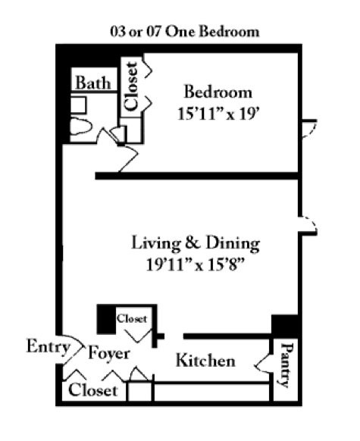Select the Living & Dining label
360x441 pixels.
point(196,243)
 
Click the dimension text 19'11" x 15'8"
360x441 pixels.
point(195,267)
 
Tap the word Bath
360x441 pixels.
point(92,82)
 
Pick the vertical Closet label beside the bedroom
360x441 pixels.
point(132,86)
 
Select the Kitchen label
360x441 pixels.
point(205,361)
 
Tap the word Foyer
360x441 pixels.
point(108,353)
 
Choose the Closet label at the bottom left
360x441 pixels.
point(93,390)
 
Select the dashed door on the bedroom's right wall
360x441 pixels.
point(309,127)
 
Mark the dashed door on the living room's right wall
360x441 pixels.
point(309,224)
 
